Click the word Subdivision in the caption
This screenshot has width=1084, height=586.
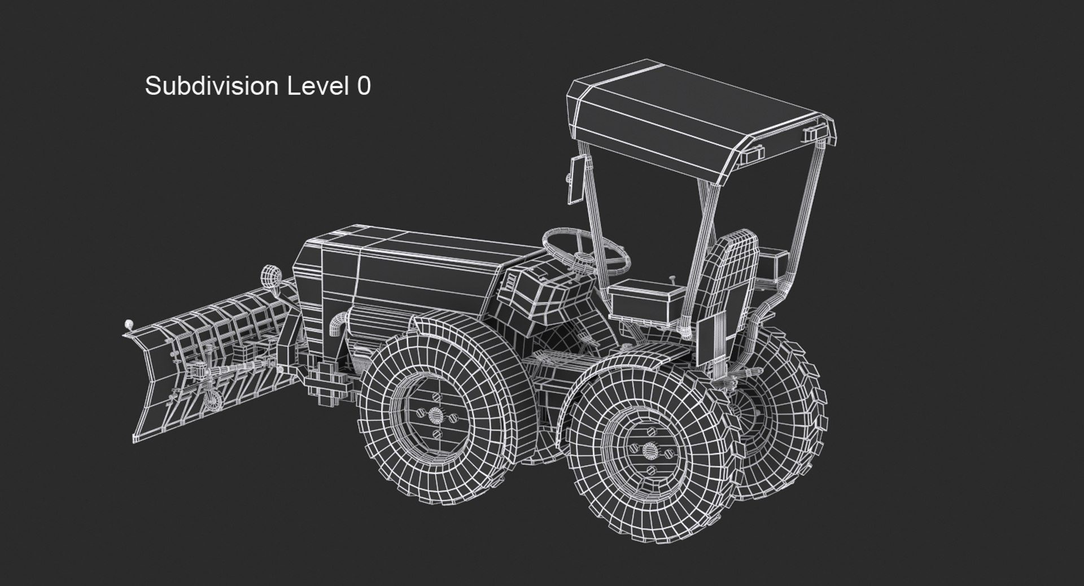tap(212, 86)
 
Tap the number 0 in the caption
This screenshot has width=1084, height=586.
tap(364, 86)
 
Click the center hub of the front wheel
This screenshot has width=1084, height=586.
tap(436, 416)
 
